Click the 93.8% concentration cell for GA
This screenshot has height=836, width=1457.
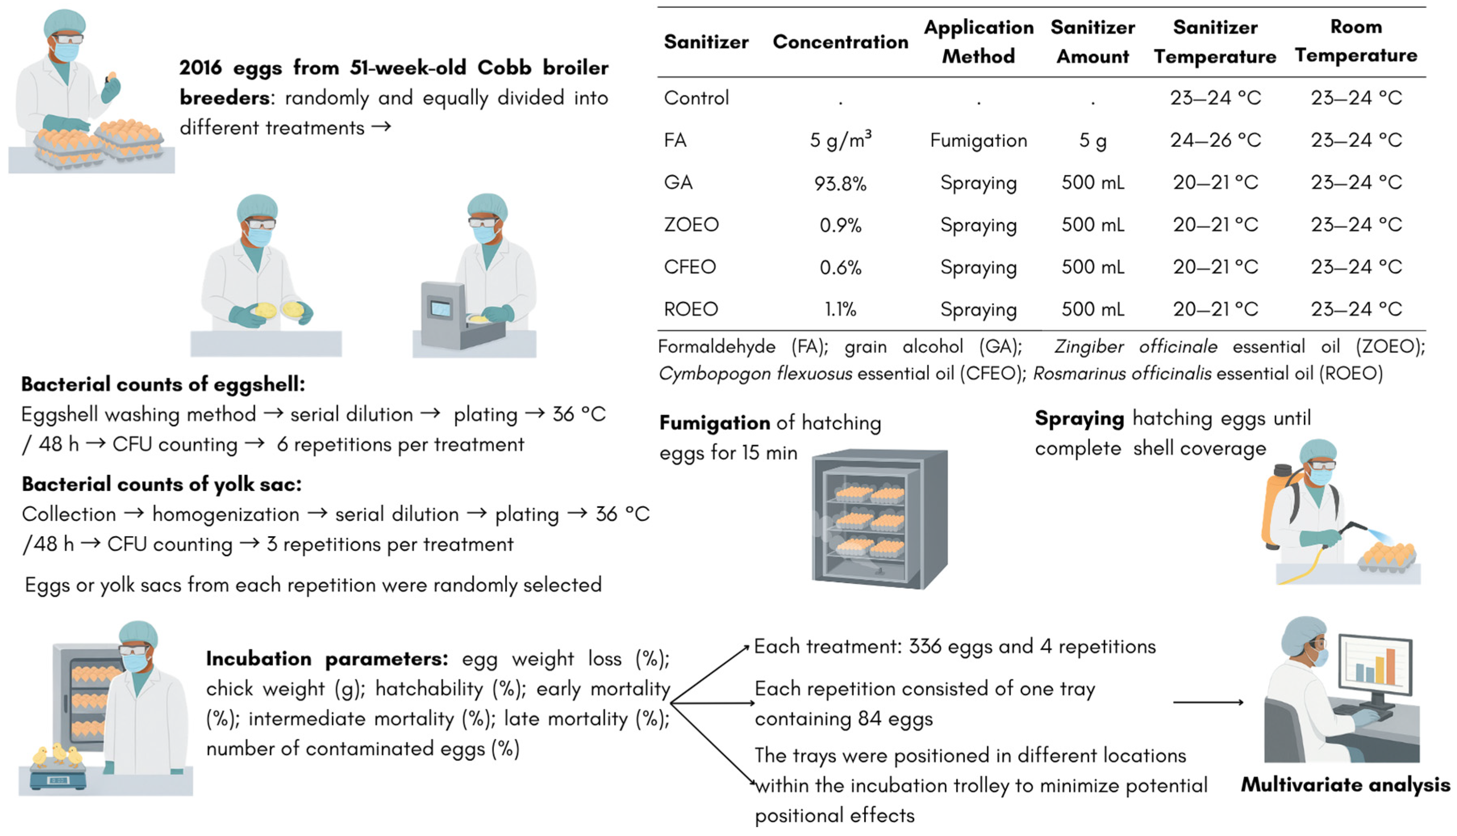(x=840, y=183)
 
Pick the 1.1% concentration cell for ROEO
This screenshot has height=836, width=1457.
(x=840, y=309)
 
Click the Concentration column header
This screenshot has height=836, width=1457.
(x=840, y=42)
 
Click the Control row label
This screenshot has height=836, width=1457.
(x=696, y=98)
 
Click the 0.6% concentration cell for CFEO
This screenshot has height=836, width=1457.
(x=840, y=268)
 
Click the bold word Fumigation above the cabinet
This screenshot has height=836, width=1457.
(x=715, y=423)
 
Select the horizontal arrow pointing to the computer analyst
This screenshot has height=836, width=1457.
(x=1207, y=702)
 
